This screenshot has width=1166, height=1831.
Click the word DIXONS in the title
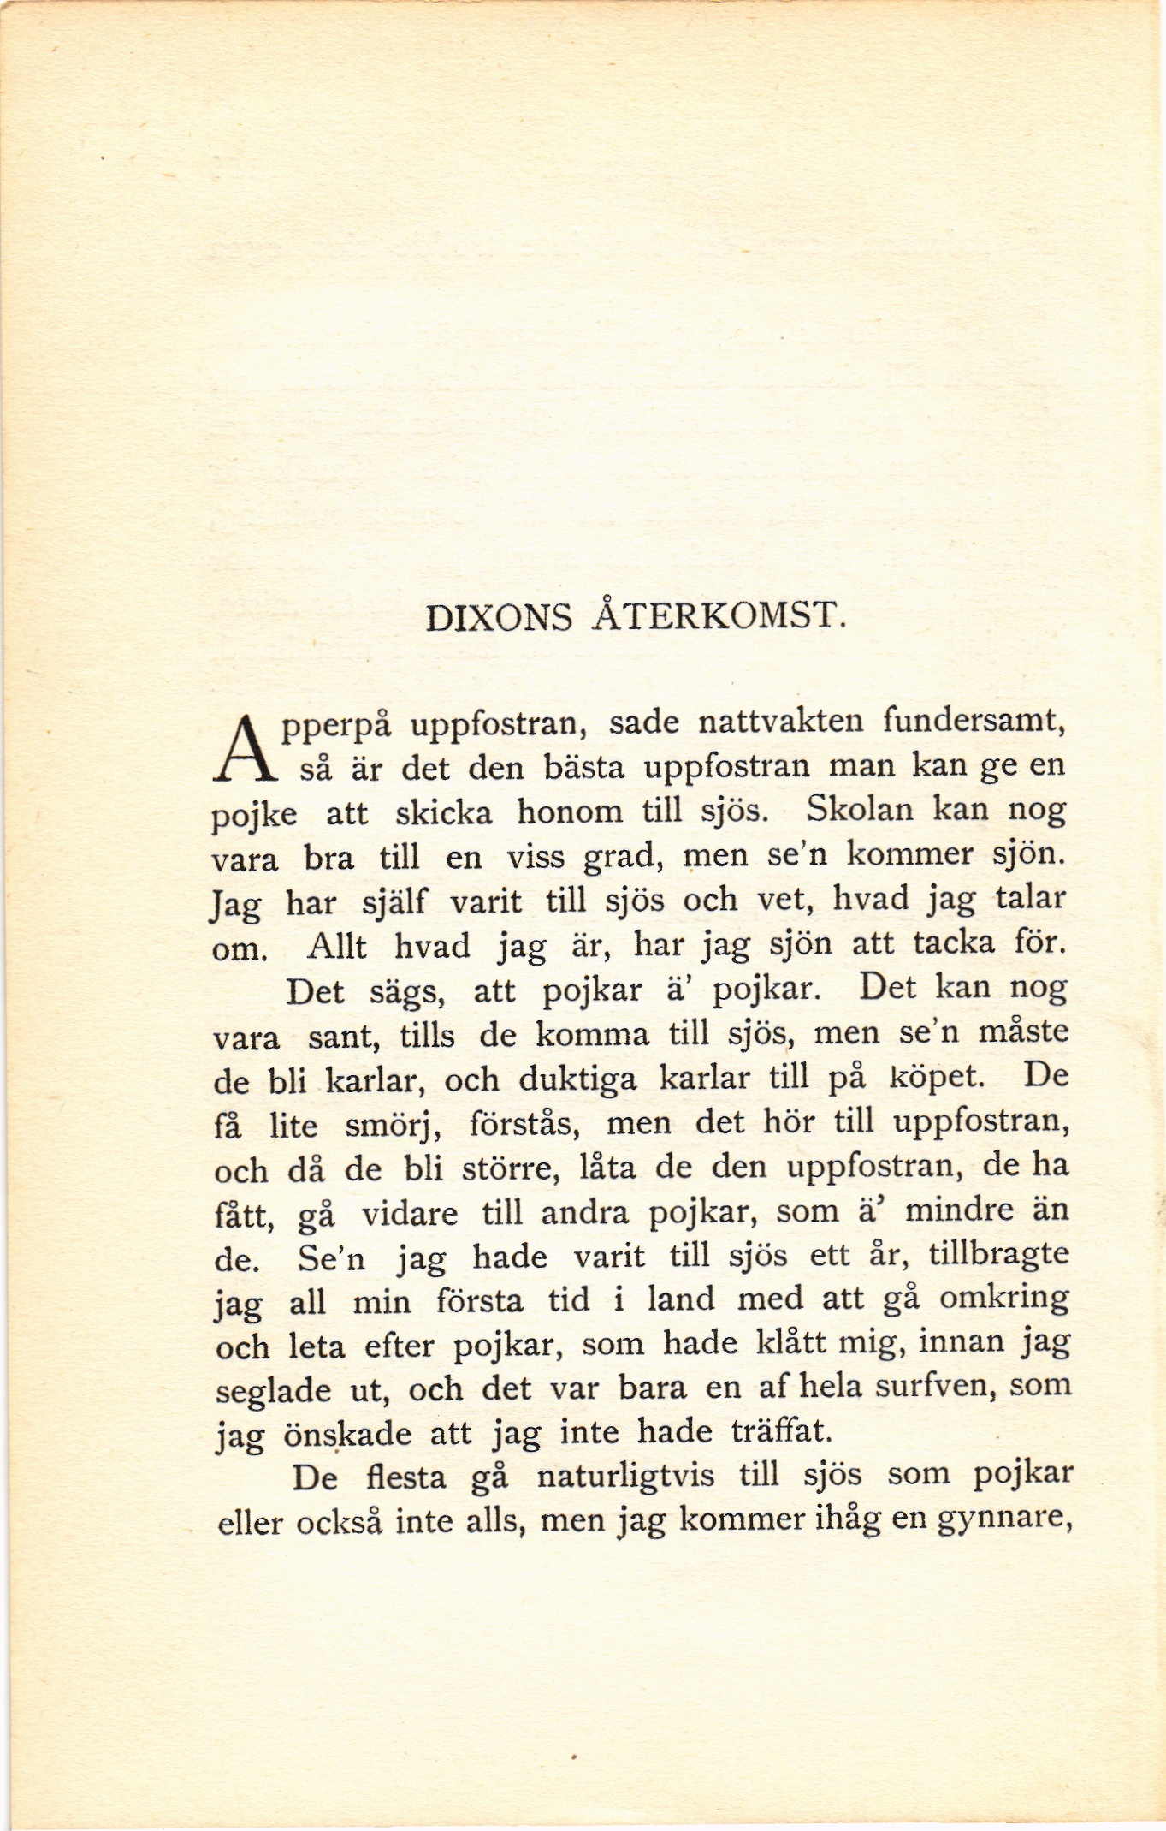(x=499, y=617)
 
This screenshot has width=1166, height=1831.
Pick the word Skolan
(x=857, y=809)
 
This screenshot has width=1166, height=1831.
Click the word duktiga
(x=577, y=1080)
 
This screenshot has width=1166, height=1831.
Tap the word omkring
(x=1003, y=1299)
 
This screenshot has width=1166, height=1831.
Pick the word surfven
(x=928, y=1386)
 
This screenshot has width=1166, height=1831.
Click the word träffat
(x=781, y=1430)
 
